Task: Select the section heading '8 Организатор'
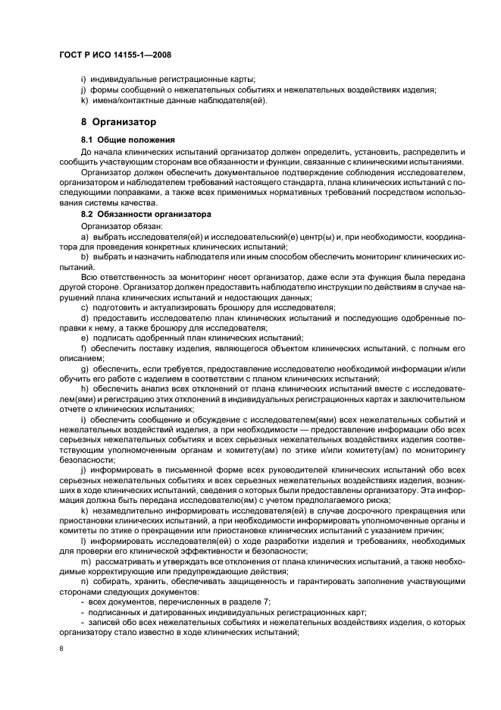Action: [x=118, y=121]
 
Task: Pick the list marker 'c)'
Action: [x=85, y=307]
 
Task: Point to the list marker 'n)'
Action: [x=85, y=580]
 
